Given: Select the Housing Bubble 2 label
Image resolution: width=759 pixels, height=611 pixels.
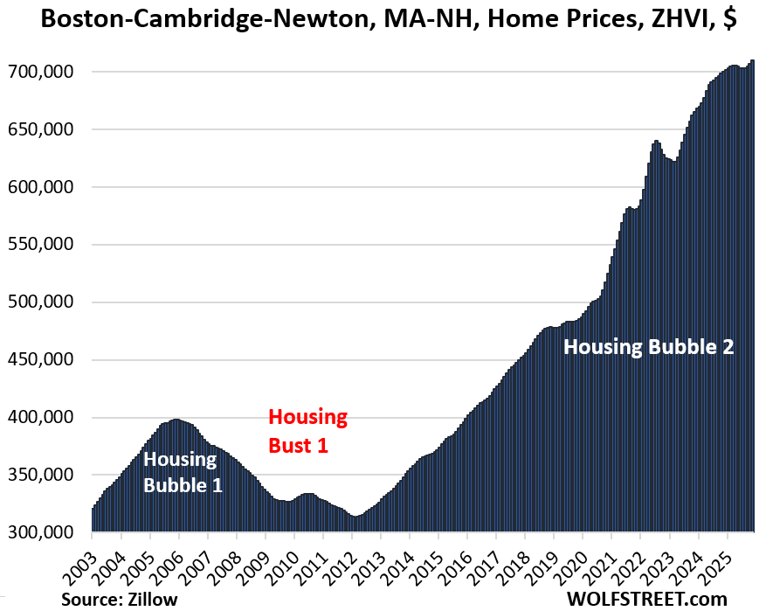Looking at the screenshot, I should pyautogui.click(x=648, y=346).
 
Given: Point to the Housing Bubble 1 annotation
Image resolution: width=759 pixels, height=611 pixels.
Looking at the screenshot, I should pyautogui.click(x=182, y=471).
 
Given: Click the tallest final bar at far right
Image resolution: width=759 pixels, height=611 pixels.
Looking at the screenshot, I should pyautogui.click(x=752, y=297).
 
